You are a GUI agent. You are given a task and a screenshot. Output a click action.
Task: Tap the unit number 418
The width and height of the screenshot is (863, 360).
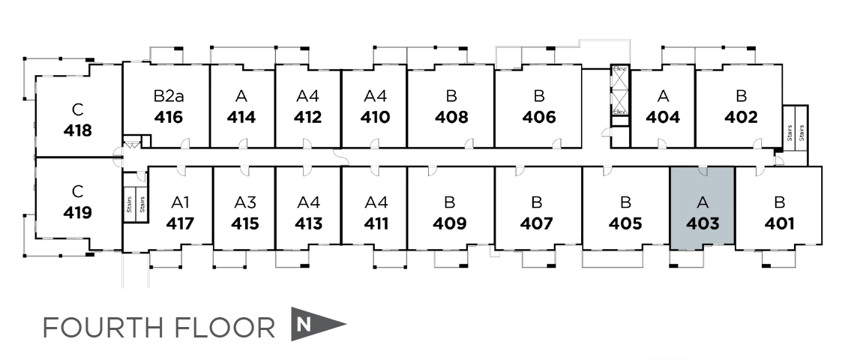tap(78, 130)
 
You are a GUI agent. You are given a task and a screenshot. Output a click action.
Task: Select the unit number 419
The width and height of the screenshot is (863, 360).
tap(78, 212)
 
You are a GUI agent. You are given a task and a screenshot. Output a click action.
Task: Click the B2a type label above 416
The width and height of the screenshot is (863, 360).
tap(168, 96)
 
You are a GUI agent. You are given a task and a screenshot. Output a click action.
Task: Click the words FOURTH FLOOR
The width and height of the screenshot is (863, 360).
tap(159, 328)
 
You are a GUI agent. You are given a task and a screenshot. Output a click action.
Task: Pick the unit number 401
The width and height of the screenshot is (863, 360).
tap(779, 223)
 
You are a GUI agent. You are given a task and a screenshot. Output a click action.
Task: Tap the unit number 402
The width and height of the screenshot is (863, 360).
tap(741, 117)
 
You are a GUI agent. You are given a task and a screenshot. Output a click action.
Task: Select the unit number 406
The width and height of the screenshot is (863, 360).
tap(539, 117)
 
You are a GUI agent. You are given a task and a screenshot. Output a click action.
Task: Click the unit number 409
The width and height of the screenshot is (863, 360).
tap(450, 223)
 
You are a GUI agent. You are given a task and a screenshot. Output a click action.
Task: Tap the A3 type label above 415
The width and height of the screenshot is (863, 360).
tap(245, 202)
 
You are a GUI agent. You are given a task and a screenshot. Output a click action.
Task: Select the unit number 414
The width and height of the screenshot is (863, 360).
tap(241, 117)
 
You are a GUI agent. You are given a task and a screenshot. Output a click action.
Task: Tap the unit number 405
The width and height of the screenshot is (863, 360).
tap(625, 223)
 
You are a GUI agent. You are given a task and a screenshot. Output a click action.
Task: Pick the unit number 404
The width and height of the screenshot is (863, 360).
tap(663, 117)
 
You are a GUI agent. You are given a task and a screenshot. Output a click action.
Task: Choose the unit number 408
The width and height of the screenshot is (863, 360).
tap(451, 117)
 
